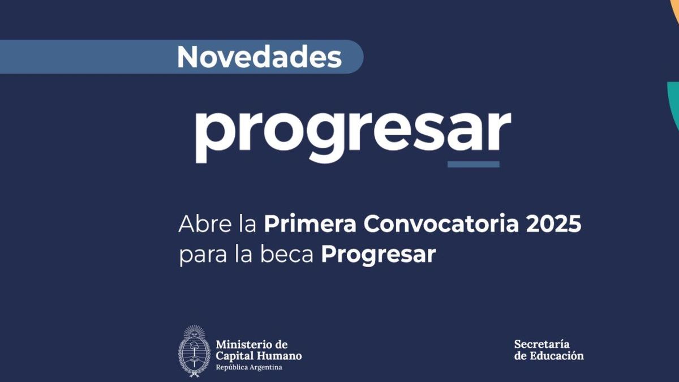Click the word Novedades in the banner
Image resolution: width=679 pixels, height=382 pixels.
click(x=259, y=57)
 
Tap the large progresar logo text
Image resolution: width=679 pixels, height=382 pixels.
click(x=352, y=134)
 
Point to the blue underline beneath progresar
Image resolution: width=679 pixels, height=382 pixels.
click(x=473, y=164)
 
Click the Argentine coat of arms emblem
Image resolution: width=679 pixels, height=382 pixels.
click(x=194, y=351)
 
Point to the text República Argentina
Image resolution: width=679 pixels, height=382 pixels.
click(x=248, y=368)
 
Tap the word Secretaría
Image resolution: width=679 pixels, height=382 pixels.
click(x=542, y=344)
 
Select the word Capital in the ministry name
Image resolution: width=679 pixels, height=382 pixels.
click(x=234, y=356)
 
